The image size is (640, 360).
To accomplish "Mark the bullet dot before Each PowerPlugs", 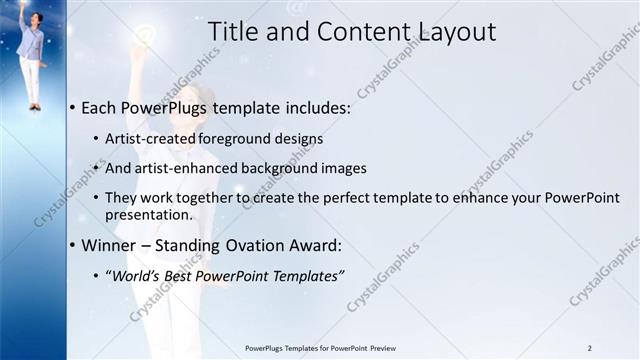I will point(73,107).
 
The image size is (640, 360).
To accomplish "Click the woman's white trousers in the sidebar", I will point(31,80).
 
